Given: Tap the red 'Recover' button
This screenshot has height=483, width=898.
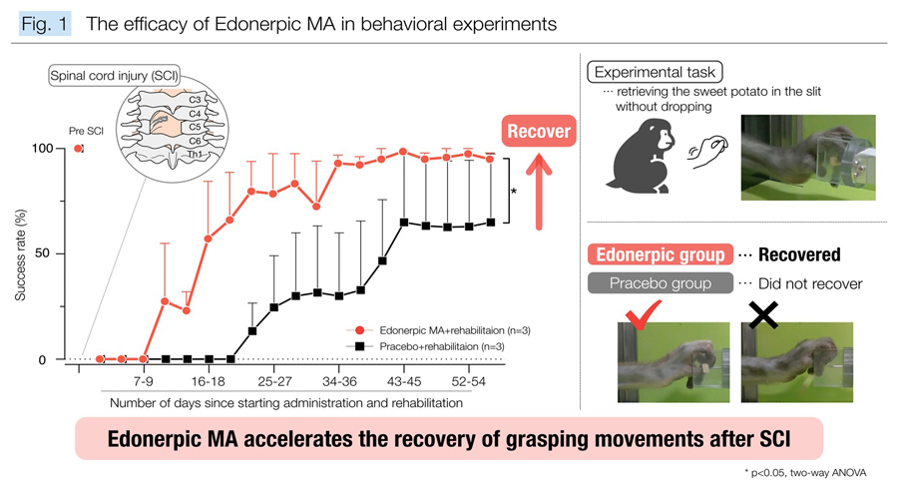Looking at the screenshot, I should coord(539,132).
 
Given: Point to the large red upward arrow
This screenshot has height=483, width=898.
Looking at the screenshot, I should coord(539,190).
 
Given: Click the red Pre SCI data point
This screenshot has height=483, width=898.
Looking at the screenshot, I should coord(78,149).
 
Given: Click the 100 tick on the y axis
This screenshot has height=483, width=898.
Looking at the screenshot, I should coord(45,149).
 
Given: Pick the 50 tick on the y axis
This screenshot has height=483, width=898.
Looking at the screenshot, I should coord(49,253).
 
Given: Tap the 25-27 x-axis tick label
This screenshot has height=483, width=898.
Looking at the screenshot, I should coord(273,381).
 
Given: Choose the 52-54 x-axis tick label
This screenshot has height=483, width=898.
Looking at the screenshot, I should coord(468,381).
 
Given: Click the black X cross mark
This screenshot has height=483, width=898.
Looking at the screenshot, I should coord(763,315).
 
